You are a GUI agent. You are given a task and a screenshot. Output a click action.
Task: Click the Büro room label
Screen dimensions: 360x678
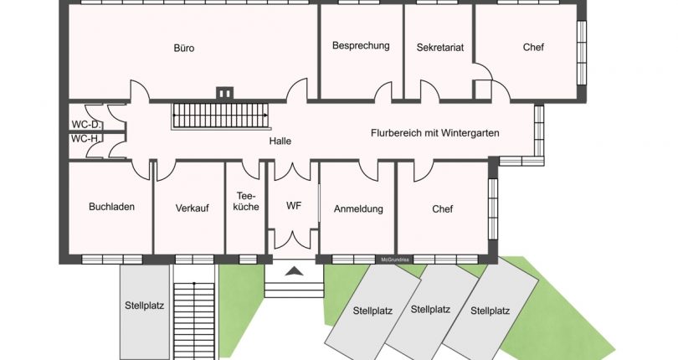pyautogui.click(x=184, y=48)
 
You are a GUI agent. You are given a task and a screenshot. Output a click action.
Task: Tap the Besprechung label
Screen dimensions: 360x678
pyautogui.click(x=361, y=45)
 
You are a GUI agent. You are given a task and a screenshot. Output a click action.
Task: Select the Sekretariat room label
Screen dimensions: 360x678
pyautogui.click(x=439, y=47)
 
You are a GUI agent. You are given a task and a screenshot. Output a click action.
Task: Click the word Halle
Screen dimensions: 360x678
pyautogui.click(x=280, y=141)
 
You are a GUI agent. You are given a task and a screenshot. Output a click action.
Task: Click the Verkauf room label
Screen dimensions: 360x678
pyautogui.click(x=192, y=208)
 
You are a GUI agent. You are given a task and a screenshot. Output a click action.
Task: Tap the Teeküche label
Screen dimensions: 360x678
pyautogui.click(x=246, y=201)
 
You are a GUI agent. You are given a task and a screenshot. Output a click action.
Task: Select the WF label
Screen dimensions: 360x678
pyautogui.click(x=293, y=205)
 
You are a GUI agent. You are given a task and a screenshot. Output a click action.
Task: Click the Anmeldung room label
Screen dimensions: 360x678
pyautogui.click(x=358, y=208)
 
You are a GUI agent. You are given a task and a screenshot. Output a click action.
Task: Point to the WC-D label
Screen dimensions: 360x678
pyautogui.click(x=85, y=125)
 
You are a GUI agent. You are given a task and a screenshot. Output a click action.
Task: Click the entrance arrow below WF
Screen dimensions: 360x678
pyautogui.click(x=294, y=270)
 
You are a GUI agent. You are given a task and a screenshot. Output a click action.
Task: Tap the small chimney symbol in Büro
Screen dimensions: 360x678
pyautogui.click(x=223, y=94)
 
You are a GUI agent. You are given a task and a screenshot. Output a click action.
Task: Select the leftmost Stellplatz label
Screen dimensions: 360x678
pyautogui.click(x=144, y=305)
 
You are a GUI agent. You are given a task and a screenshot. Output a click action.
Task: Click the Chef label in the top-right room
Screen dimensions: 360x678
pyautogui.click(x=533, y=47)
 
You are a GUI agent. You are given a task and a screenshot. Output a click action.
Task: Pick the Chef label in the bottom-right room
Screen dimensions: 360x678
pyautogui.click(x=443, y=208)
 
